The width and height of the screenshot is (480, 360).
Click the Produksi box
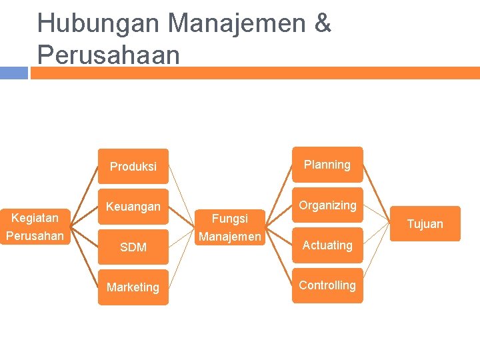point(133,166)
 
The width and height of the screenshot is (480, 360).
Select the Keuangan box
point(133,207)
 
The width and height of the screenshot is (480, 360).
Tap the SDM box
point(133,247)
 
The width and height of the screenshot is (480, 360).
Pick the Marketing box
point(133,287)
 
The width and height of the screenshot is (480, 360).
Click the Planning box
point(327,165)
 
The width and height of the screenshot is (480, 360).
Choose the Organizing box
point(327,205)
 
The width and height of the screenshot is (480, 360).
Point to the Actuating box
point(327,245)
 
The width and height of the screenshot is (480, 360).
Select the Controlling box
point(327,285)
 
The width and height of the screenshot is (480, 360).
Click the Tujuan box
point(425,224)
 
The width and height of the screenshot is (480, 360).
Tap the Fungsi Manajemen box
point(230,227)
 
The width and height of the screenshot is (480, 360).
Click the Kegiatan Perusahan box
point(35,227)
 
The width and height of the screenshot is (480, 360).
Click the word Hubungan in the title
point(98,23)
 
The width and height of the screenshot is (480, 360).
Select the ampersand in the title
point(321,23)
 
